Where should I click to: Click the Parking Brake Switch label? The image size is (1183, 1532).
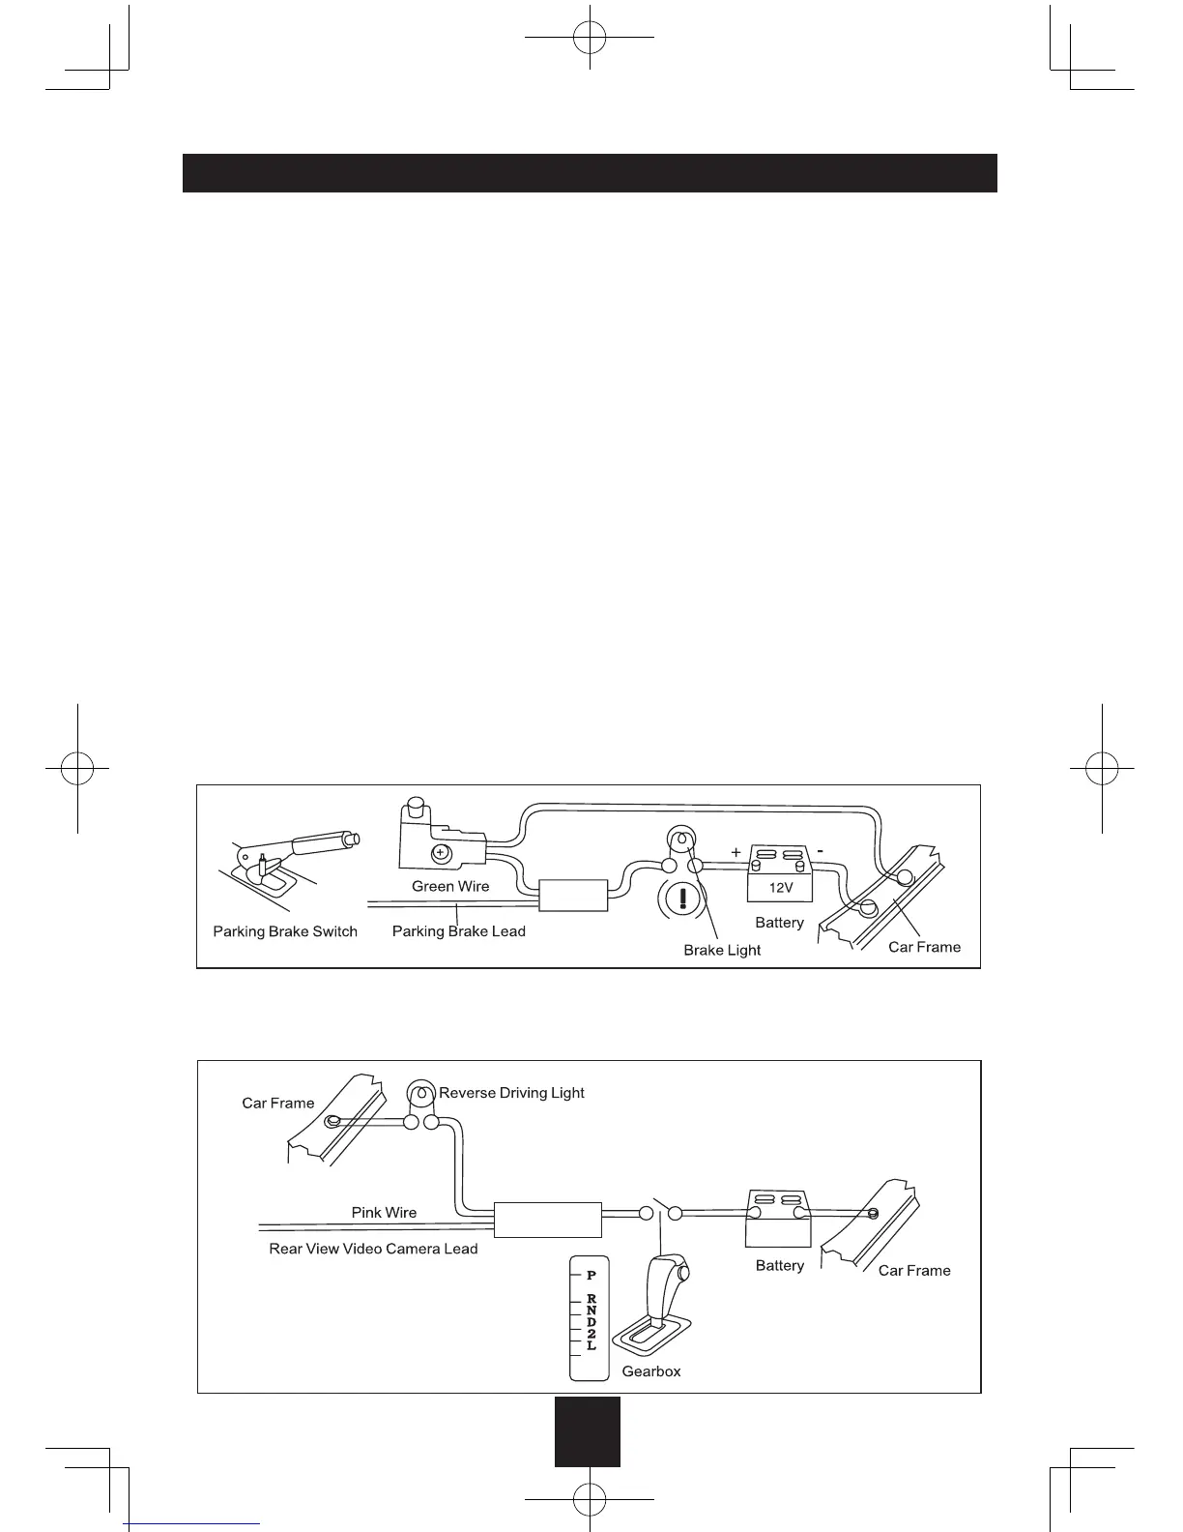[x=285, y=931]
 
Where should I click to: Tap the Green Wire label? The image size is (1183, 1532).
[x=450, y=886]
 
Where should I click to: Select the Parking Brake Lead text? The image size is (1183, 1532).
[x=458, y=931]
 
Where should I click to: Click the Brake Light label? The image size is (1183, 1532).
[x=722, y=950]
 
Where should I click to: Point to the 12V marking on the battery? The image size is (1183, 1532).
[x=779, y=887]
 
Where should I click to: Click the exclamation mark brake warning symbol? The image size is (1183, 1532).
[x=682, y=899]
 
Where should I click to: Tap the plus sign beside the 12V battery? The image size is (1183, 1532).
[x=736, y=852]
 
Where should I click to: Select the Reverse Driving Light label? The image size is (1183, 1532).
[x=511, y=1093]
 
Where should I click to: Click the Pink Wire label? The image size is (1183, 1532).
[x=384, y=1212]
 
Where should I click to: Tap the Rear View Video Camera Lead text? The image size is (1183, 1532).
[x=373, y=1249]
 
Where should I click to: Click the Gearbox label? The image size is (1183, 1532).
[x=651, y=1371]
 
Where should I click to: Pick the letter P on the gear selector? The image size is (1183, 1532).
[x=591, y=1275]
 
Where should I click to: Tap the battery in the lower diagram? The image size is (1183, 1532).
[x=779, y=1221]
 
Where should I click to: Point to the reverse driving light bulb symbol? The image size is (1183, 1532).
[x=419, y=1094]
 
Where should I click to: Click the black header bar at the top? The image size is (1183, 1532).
[x=590, y=173]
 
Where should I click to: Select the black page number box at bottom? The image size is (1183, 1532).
[x=588, y=1431]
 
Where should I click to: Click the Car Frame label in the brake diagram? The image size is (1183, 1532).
[x=924, y=947]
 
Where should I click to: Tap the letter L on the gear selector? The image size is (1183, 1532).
[x=591, y=1345]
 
